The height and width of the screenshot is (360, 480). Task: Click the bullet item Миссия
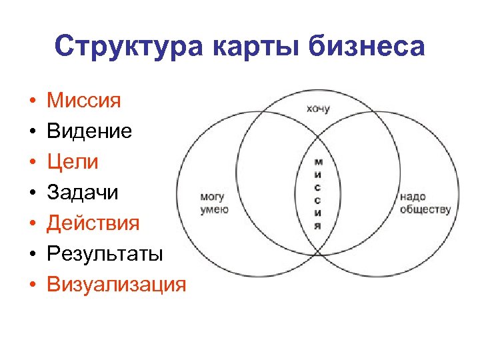(x=83, y=101)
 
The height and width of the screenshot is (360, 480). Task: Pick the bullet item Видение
(x=89, y=131)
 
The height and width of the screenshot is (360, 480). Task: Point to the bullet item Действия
(x=93, y=223)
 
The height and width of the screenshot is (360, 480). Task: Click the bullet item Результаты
(x=105, y=254)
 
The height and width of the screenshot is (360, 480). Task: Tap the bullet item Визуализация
(x=116, y=285)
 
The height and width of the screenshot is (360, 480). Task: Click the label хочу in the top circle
(x=317, y=108)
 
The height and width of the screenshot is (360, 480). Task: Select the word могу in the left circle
(x=213, y=197)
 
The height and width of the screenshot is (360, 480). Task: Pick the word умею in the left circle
(x=214, y=209)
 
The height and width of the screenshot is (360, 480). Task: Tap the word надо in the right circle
(x=413, y=197)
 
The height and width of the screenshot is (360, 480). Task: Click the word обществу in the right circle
(x=425, y=209)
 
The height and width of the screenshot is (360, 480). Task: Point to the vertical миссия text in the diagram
(x=318, y=194)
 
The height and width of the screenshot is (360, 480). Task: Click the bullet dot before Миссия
(x=31, y=103)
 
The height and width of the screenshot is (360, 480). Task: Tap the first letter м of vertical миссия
(x=318, y=162)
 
